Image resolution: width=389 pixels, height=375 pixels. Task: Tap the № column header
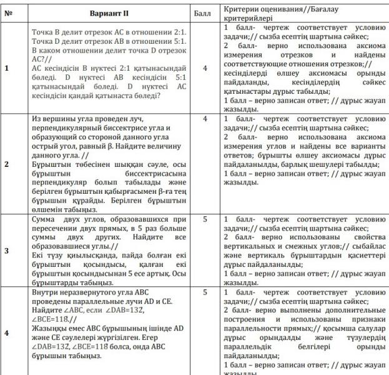pyautogui.click(x=9, y=12)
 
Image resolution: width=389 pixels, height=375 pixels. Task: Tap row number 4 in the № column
pyautogui.click(x=7, y=332)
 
